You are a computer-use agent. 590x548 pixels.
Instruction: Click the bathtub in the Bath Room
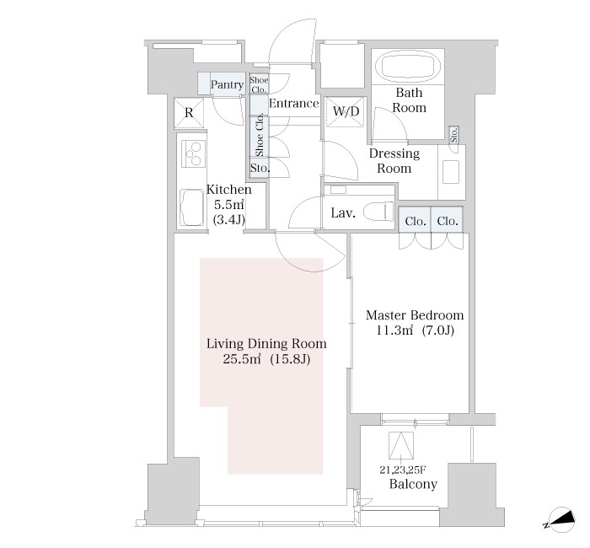click(408, 67)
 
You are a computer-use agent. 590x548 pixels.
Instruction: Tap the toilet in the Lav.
click(378, 212)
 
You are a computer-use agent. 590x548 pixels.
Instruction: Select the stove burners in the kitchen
click(193, 153)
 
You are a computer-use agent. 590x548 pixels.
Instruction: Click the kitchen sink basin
click(192, 207)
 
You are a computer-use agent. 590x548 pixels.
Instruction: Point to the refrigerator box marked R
click(189, 112)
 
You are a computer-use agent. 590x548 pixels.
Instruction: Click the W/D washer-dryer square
click(346, 111)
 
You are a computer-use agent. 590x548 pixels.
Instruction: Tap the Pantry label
click(227, 84)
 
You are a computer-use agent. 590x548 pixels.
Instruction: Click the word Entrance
click(294, 103)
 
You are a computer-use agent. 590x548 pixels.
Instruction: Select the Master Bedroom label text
click(415, 315)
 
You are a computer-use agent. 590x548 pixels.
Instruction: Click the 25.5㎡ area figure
click(242, 359)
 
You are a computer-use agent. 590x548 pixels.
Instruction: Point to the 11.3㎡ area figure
click(394, 330)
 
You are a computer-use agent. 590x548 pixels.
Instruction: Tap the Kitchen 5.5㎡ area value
click(229, 205)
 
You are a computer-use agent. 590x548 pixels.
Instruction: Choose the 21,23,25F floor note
click(403, 470)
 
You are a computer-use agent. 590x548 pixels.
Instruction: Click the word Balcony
click(413, 484)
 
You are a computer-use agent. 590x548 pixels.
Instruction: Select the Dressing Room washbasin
click(450, 172)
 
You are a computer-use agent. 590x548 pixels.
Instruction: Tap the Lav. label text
click(343, 213)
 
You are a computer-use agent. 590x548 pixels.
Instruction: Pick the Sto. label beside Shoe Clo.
click(260, 168)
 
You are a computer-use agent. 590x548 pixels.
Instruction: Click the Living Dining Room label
click(266, 344)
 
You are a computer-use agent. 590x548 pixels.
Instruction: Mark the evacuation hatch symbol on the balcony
click(401, 446)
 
